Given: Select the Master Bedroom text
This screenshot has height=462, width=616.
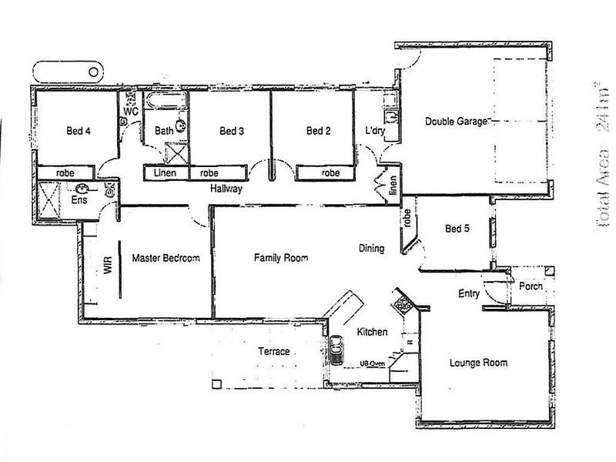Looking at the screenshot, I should click(x=166, y=259).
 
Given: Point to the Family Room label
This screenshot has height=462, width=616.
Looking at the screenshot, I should click(x=281, y=259).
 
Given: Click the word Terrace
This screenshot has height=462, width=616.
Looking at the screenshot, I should click(x=273, y=351).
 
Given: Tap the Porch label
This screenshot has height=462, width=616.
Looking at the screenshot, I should click(x=531, y=286).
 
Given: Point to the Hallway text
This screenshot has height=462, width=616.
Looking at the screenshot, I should click(x=226, y=188).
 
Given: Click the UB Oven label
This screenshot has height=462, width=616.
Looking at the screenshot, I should click(x=372, y=364).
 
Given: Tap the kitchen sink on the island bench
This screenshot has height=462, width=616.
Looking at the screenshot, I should click(x=336, y=348).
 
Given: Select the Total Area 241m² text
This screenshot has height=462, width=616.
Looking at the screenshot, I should click(x=603, y=155).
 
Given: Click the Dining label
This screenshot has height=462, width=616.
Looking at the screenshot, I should click(x=372, y=249).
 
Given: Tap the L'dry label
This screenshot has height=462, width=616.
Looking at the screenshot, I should click(x=375, y=132).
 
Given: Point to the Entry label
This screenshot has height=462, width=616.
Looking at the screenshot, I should click(x=469, y=293).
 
